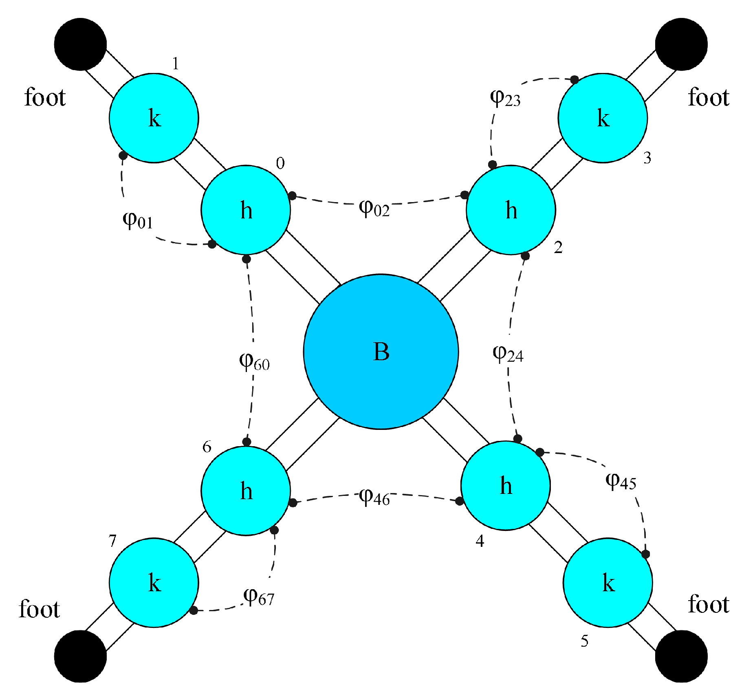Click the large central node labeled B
381,352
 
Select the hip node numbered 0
246,210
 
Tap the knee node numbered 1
154,118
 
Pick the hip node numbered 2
511,210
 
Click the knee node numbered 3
603,118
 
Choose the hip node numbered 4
506,485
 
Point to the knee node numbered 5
608,582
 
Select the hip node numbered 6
246,491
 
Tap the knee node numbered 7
154,582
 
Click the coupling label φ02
374,208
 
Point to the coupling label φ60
254,361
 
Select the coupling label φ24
508,354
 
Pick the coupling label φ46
374,497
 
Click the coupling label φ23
505,98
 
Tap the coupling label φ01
138,220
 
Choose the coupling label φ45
621,481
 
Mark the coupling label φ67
259,597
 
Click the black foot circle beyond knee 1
80,44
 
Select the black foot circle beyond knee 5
681,656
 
